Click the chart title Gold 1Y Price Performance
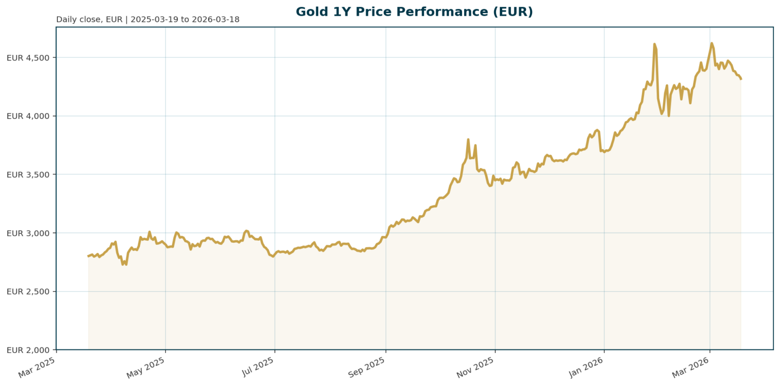coord(414,12)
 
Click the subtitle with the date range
coord(148,20)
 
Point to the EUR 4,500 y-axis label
coord(28,58)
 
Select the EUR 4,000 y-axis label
coord(28,116)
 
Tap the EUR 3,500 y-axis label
coord(28,175)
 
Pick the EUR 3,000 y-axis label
coord(28,233)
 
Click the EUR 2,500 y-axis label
coord(28,292)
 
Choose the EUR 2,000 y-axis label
coord(28,350)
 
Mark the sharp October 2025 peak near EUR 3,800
coord(468,139)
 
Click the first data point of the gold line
coord(88,256)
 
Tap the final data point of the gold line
coord(741,79)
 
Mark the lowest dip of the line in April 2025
coord(123,265)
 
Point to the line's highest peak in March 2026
coord(711,43)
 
